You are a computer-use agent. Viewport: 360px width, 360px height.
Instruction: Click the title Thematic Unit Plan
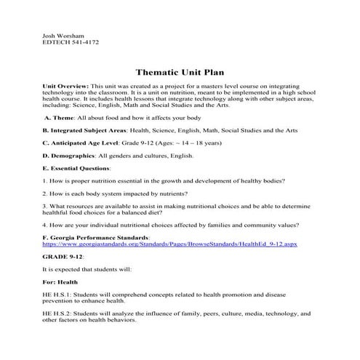tap(180, 73)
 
